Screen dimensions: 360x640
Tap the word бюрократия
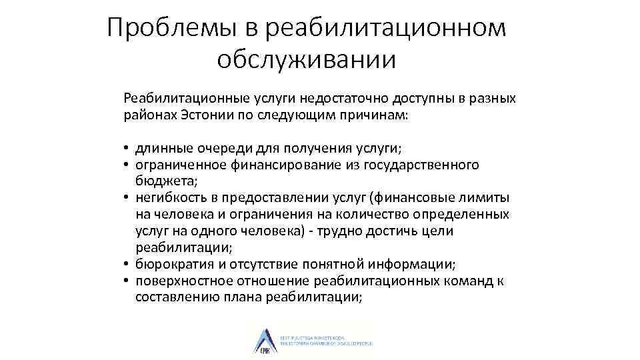click(x=171, y=265)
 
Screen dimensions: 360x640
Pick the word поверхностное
click(x=178, y=281)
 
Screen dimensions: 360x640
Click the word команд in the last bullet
click(x=469, y=281)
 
